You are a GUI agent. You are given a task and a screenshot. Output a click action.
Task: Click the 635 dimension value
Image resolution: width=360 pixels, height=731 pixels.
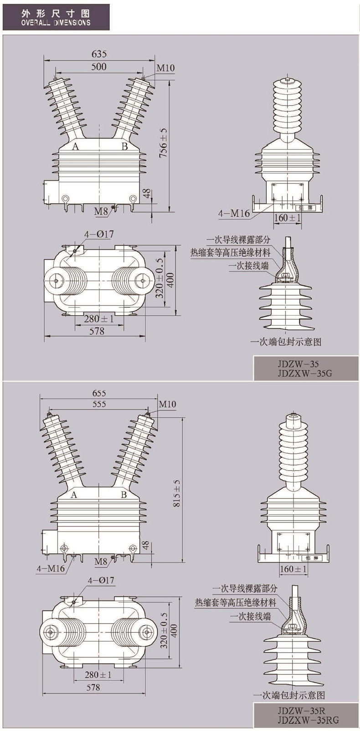point(99,54)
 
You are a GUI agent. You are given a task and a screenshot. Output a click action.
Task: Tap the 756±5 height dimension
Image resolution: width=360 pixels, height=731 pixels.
point(163,143)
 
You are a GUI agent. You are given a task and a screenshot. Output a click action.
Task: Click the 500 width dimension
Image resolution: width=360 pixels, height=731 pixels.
point(98,66)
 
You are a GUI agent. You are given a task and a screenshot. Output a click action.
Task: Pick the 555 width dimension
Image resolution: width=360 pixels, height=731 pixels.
point(98,404)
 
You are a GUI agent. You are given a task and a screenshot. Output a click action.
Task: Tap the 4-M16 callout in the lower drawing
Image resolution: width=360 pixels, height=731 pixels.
point(51,568)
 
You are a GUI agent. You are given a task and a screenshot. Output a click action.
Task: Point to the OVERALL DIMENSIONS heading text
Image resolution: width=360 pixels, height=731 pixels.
point(56,22)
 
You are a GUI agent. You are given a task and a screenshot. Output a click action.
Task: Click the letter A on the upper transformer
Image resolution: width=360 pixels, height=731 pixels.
point(75,146)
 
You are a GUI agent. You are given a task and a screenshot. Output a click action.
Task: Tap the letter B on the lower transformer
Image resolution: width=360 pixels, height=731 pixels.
point(123,495)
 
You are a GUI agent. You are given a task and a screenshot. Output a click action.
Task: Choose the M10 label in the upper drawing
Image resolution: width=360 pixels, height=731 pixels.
point(166,68)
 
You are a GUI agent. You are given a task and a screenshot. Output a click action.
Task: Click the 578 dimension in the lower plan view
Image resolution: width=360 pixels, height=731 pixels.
point(93,687)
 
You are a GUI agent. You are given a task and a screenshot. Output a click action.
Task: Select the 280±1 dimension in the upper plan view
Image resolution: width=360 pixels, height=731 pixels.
point(98,319)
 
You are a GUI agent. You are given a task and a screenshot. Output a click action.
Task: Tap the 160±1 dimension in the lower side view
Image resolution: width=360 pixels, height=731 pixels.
point(293,569)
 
